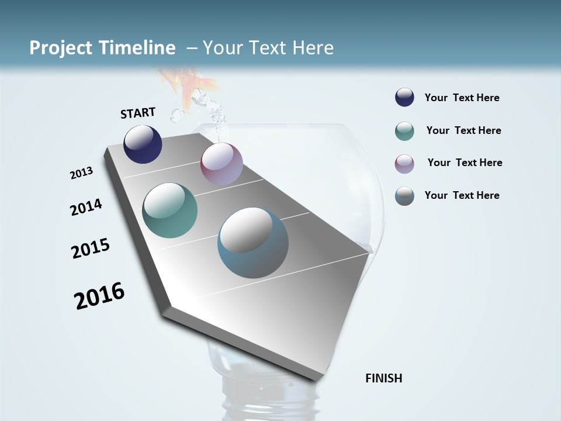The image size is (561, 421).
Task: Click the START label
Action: point(138,112)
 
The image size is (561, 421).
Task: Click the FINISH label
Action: point(384,378)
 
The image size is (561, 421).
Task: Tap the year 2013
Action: point(81,173)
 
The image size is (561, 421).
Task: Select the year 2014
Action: point(86,207)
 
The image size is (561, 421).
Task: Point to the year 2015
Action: point(91,249)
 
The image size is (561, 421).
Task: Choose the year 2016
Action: point(99,296)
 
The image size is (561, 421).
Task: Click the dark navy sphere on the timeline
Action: point(143,144)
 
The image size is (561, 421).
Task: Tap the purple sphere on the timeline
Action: point(221,164)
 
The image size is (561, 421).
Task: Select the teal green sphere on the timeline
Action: point(170,210)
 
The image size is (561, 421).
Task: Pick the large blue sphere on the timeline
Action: point(253,243)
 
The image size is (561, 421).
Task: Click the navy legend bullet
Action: point(404,98)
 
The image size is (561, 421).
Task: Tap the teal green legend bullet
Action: point(404,131)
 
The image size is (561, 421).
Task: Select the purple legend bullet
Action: point(404,164)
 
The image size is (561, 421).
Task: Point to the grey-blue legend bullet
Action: point(404,196)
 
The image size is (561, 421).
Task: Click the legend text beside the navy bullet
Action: point(462,98)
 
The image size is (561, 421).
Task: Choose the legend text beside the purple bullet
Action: point(465,163)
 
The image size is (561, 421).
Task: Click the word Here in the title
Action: point(313,48)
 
